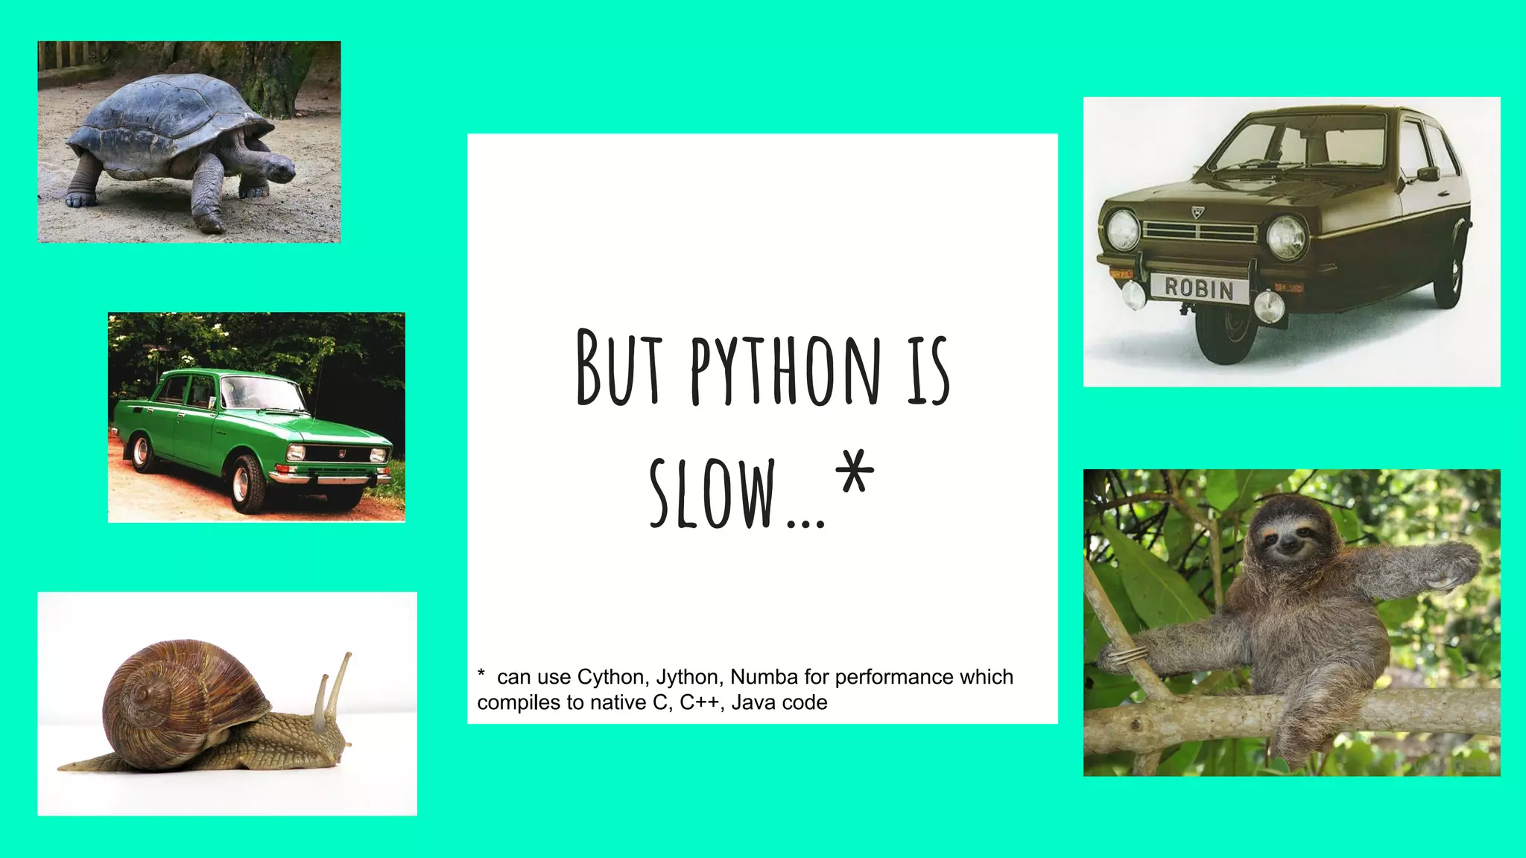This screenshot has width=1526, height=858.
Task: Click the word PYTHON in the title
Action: point(785,369)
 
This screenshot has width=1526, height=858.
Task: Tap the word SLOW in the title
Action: point(712,493)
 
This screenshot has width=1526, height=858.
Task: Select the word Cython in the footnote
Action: point(610,677)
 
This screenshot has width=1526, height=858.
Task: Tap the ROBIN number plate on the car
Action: point(1199,288)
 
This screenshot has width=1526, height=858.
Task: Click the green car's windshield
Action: point(262,393)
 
